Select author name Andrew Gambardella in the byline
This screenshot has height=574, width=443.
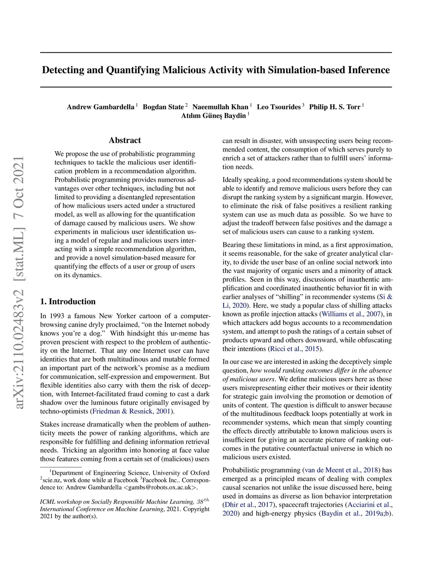(100, 107)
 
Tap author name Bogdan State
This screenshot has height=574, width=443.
(163, 107)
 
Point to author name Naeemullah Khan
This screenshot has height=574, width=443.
(220, 107)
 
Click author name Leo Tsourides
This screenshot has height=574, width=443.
(279, 107)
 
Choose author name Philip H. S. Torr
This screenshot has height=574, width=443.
(334, 107)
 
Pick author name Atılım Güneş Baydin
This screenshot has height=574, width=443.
(213, 116)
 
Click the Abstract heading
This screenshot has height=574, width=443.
(125, 140)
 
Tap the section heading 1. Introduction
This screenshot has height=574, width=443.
(68, 302)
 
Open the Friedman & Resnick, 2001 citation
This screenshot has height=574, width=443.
(132, 411)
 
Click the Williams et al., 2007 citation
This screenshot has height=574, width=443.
(351, 314)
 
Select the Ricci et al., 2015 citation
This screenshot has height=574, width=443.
(295, 349)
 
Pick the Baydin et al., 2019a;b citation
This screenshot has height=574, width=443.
(356, 513)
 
